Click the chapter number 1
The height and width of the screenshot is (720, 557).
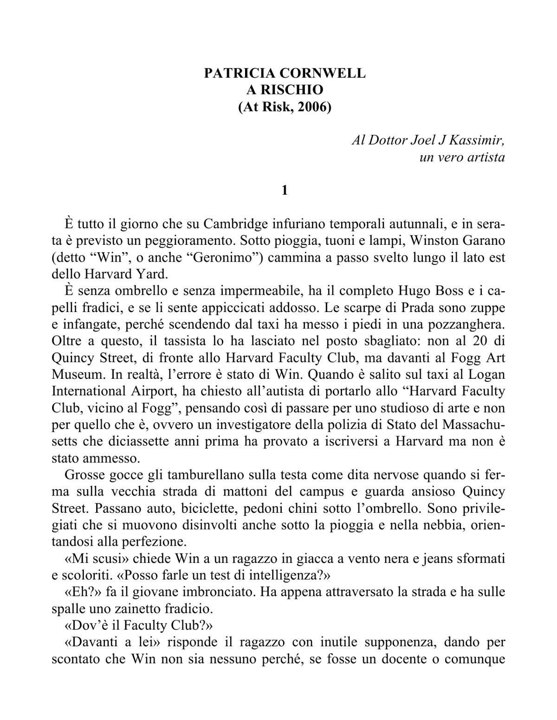click(285, 190)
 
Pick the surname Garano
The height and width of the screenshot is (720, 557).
click(480, 241)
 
